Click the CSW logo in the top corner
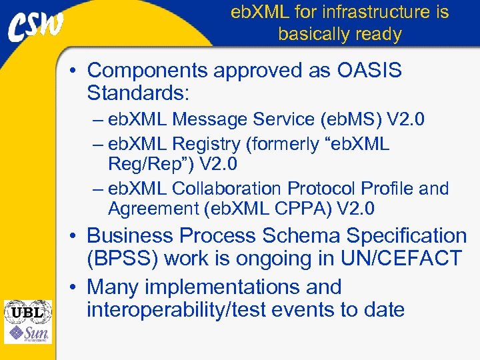point(36,26)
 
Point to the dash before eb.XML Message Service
point(98,120)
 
